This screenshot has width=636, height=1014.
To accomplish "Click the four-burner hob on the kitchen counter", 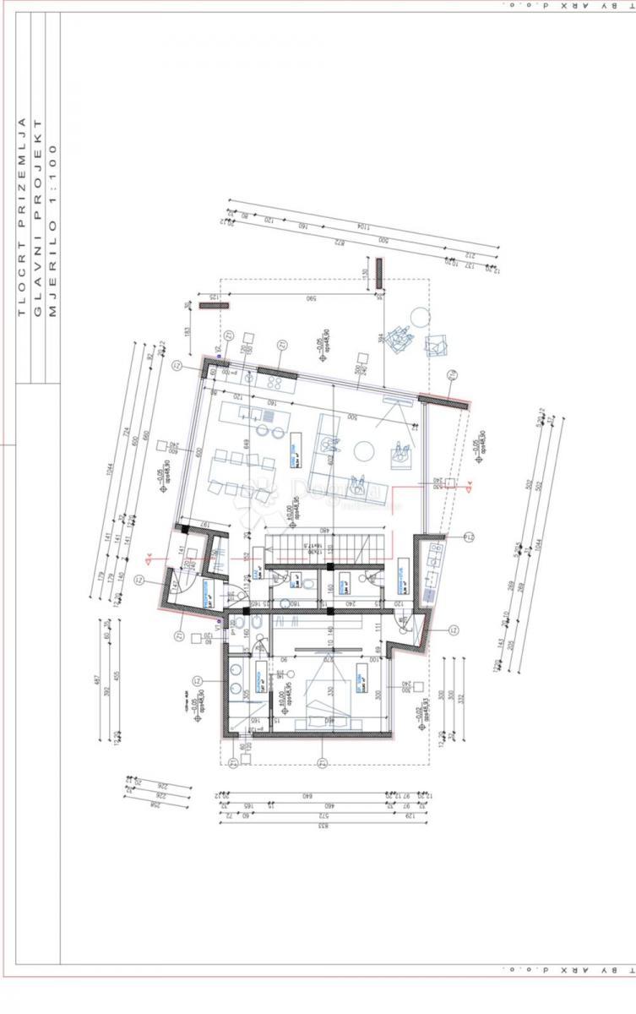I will click(275, 381).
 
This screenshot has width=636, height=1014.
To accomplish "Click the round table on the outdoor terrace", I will click(419, 317).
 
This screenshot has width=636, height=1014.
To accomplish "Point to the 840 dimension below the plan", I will click(307, 796).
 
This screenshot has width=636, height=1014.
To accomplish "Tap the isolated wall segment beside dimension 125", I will click(209, 306).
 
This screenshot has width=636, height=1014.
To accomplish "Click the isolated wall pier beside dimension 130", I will click(380, 272).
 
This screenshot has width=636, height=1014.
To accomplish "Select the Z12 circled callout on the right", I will click(469, 537).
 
